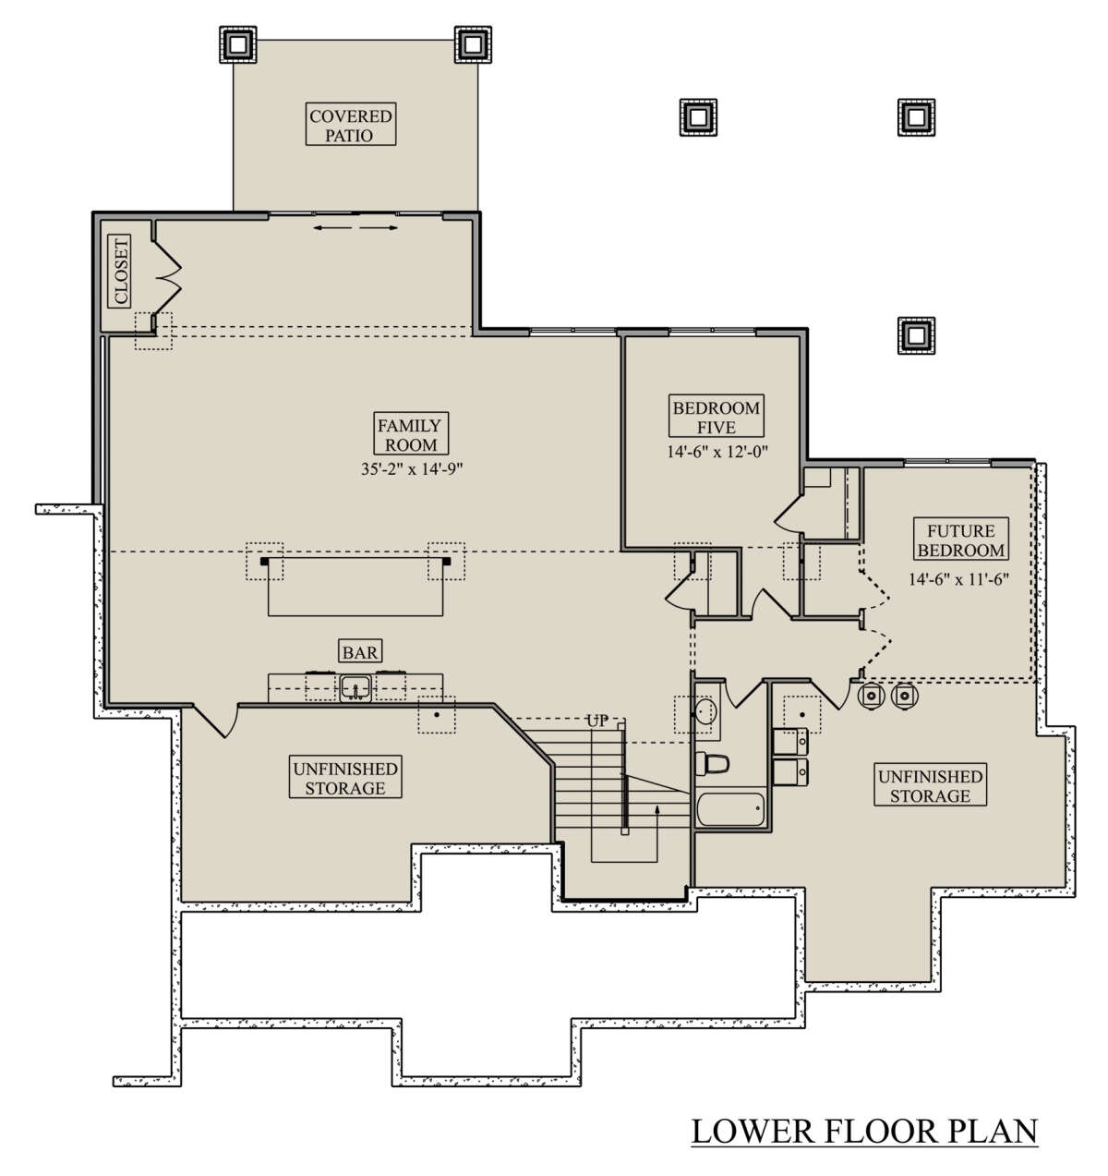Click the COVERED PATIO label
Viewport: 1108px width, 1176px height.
pos(350,125)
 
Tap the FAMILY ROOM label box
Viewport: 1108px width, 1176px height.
pos(410,433)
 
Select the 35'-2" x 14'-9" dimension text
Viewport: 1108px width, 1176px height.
pos(412,469)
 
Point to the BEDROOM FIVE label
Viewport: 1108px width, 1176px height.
pos(717,416)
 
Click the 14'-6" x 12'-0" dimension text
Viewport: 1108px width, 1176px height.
pos(717,451)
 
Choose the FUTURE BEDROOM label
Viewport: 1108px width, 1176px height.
pos(960,539)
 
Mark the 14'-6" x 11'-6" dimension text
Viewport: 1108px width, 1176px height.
pos(958,578)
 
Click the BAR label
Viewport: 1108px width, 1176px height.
pos(360,651)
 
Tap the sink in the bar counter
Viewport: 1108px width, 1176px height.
pos(355,688)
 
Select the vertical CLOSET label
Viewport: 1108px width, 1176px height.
pos(120,272)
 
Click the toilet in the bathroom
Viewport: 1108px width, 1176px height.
pos(712,763)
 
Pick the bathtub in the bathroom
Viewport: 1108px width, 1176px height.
pos(731,809)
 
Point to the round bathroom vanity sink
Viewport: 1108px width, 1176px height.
pos(705,710)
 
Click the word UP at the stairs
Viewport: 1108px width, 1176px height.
pos(597,721)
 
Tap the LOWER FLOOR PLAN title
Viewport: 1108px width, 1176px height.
pos(864,1131)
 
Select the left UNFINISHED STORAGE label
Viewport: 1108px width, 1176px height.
pos(345,777)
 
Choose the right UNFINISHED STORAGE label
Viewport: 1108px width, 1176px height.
pos(930,784)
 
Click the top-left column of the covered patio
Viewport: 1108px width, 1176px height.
pos(238,44)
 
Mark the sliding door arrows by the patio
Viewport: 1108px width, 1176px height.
pos(355,227)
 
